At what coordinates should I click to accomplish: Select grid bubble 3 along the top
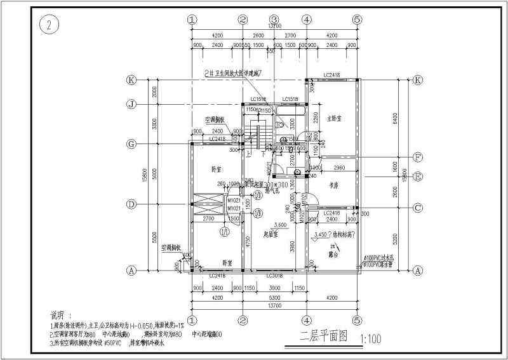[274, 20]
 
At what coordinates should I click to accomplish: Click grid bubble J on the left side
[131, 104]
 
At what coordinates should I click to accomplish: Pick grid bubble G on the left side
[131, 144]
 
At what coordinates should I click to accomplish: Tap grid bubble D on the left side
[131, 204]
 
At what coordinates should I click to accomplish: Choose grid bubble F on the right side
[418, 157]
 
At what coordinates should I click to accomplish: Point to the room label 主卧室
[334, 119]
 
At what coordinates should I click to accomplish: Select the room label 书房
[333, 185]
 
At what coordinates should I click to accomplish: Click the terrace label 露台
[333, 251]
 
